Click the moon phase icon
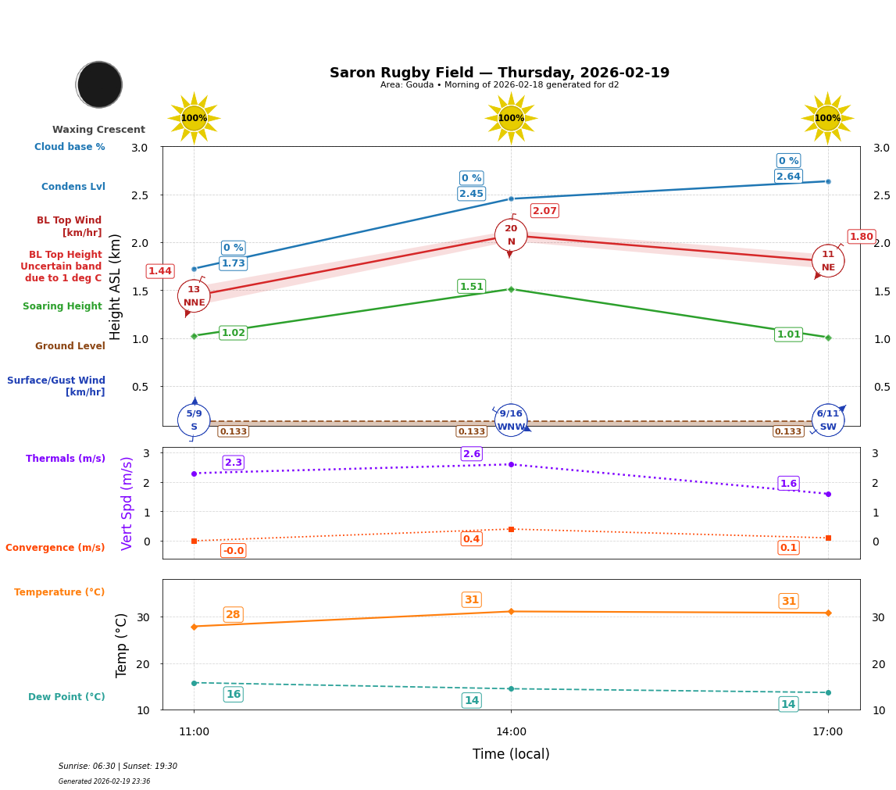[x=99, y=84]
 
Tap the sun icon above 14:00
[x=511, y=118]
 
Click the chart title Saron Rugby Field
[x=499, y=73]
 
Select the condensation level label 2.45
[x=471, y=194]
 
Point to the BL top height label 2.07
[x=544, y=211]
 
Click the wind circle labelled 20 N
[x=511, y=235]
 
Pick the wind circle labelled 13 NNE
[x=194, y=296]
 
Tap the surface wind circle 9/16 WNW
[x=511, y=420]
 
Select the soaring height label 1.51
[x=471, y=287]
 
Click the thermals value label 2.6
[x=471, y=454]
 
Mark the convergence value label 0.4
[x=471, y=539]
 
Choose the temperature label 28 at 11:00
[x=233, y=615]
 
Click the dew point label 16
[x=233, y=695]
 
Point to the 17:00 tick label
[x=827, y=732]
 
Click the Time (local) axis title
[x=511, y=754]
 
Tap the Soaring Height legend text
[x=62, y=306]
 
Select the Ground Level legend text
[x=70, y=346]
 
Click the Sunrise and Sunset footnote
[x=118, y=767]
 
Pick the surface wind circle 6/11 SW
[x=827, y=420]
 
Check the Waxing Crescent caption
[x=98, y=130]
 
